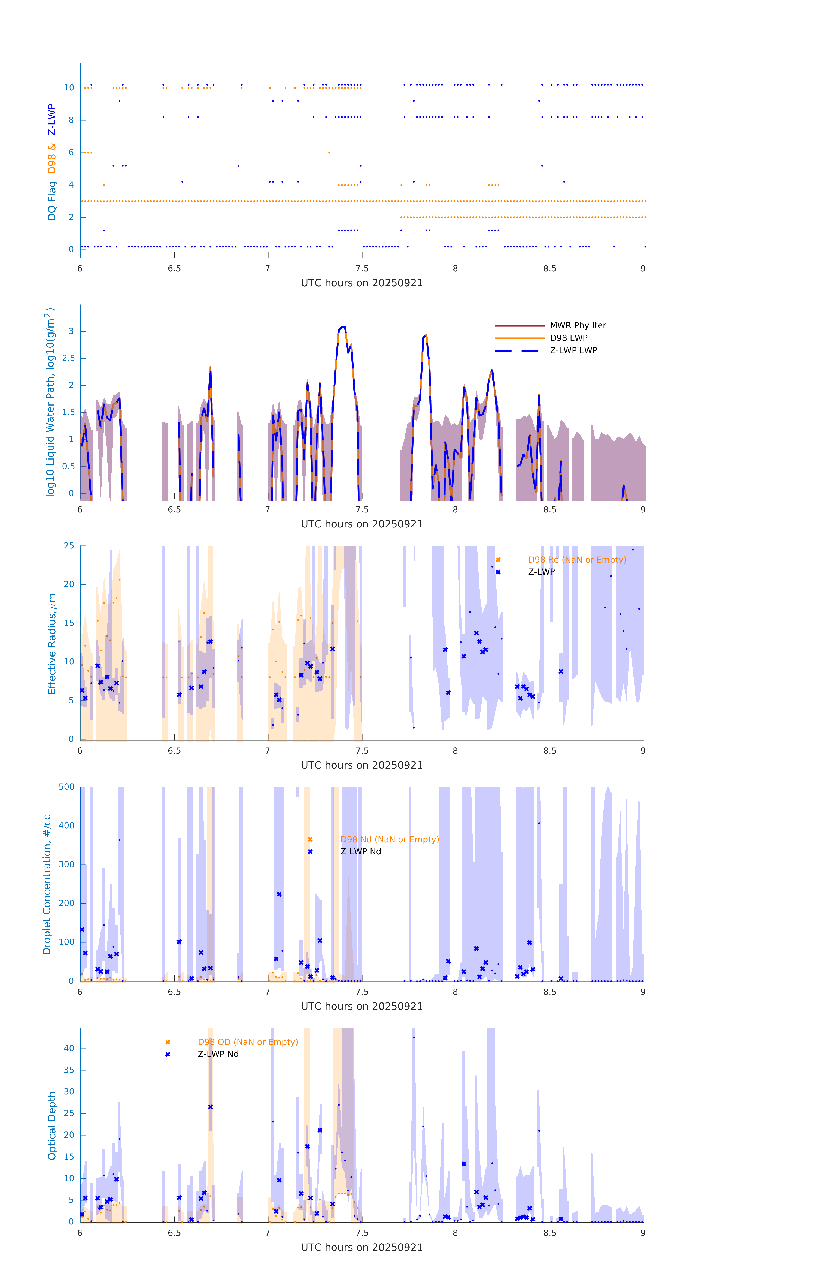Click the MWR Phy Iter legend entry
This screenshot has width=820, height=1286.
tap(578, 325)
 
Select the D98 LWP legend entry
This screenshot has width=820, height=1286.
tap(568, 338)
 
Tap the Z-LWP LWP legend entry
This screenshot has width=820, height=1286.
tap(573, 350)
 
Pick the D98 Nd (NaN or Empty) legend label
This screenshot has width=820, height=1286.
tap(390, 840)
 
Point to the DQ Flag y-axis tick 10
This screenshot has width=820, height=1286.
tap(69, 88)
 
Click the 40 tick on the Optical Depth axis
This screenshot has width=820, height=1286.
tap(69, 1048)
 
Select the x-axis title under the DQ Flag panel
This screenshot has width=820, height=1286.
tap(362, 283)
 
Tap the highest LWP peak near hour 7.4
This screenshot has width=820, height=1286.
tap(342, 327)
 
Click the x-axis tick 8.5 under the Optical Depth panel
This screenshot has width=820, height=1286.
tap(550, 1233)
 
